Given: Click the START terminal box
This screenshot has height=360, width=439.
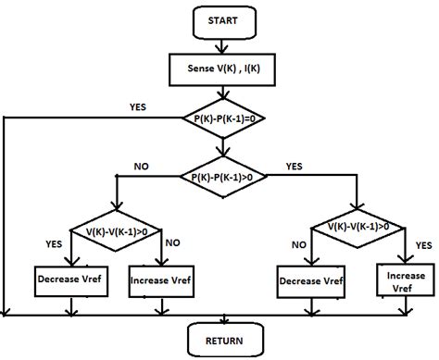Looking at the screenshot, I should [221, 20].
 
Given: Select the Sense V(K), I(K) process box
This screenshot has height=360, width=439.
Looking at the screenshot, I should [221, 68].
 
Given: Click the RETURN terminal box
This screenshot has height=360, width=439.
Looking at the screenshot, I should [221, 339].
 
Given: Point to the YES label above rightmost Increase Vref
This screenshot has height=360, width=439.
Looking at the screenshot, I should [423, 245].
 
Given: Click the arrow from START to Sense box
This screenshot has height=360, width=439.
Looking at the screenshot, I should [220, 43].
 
